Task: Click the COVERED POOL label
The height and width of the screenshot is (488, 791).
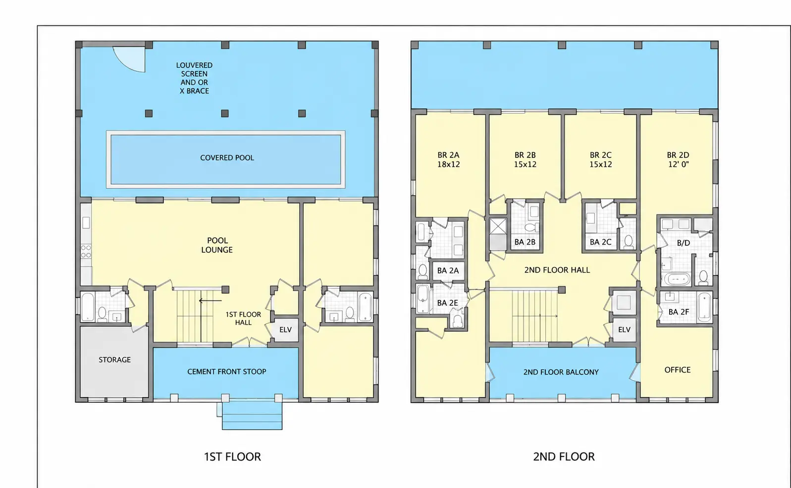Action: [x=227, y=158]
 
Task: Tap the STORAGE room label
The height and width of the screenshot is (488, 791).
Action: [x=115, y=360]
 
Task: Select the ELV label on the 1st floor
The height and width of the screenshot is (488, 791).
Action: [x=285, y=330]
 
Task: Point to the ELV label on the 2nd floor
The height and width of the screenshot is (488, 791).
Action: [x=624, y=330]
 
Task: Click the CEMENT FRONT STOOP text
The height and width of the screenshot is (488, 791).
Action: [x=227, y=372]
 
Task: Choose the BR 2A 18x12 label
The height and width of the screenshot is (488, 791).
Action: [x=448, y=160]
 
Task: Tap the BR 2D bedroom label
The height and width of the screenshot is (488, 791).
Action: [x=678, y=160]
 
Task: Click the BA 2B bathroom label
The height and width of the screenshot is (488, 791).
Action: [x=525, y=242]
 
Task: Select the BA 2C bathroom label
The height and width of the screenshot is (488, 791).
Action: [x=600, y=242]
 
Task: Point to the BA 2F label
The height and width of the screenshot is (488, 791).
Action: [x=679, y=312]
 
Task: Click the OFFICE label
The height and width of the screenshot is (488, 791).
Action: [x=677, y=370]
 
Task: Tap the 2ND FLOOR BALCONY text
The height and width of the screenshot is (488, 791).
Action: [x=561, y=372]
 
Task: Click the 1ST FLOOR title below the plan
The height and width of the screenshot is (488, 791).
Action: [x=232, y=457]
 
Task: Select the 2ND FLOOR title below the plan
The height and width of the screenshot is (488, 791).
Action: [x=564, y=457]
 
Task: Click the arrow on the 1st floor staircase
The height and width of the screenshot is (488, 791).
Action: [x=211, y=301]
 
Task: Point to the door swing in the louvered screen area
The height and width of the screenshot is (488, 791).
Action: [x=129, y=59]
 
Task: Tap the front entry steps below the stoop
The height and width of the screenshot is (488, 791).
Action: [x=252, y=416]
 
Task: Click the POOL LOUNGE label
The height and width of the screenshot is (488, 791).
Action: [x=217, y=245]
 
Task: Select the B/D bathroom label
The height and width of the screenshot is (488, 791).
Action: [x=684, y=243]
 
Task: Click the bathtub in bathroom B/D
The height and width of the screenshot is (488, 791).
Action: [x=677, y=279]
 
